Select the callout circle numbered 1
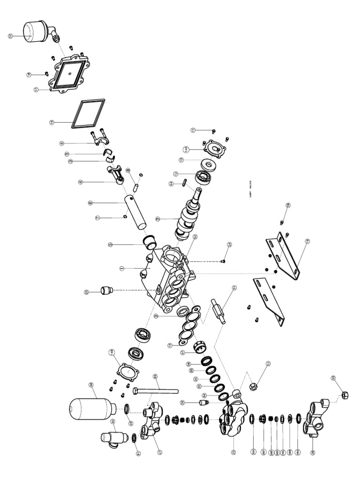point(121,269)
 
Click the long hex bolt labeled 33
point(157,390)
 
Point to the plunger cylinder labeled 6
point(135,211)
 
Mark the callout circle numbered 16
point(52,122)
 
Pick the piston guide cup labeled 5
point(150,242)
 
